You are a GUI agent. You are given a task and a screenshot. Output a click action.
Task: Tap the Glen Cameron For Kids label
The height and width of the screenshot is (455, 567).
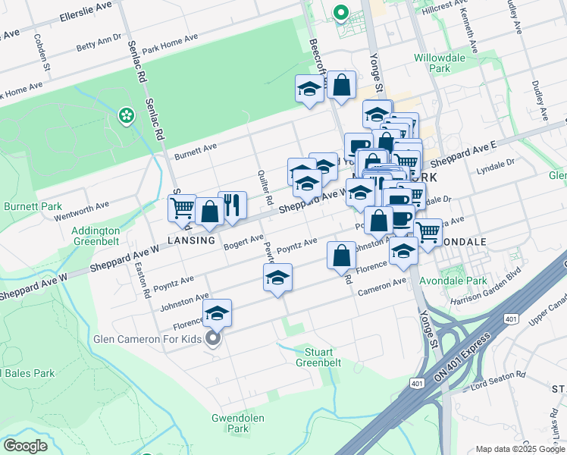pyautogui.click(x=148, y=339)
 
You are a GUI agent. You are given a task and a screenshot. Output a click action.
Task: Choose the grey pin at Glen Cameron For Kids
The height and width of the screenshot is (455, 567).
pyautogui.click(x=214, y=338)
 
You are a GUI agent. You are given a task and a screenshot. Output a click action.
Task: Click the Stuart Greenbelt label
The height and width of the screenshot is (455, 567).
pyautogui.click(x=318, y=357)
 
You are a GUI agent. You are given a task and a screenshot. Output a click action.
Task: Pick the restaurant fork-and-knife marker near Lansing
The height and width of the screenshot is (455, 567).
pyautogui.click(x=233, y=205)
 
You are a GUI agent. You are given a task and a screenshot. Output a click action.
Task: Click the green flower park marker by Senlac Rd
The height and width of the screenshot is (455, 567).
pyautogui.click(x=126, y=116)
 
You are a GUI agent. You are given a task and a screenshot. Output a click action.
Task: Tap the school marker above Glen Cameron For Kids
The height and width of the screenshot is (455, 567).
pyautogui.click(x=218, y=313)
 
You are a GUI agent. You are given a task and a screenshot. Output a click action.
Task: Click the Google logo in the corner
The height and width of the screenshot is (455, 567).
pyautogui.click(x=26, y=446)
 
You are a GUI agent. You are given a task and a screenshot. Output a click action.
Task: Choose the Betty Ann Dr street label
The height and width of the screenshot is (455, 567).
pyautogui.click(x=99, y=42)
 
